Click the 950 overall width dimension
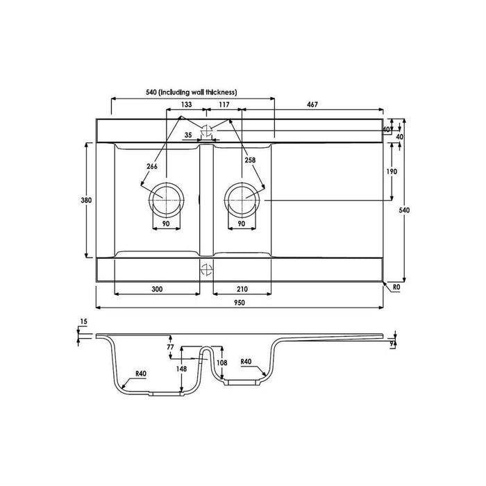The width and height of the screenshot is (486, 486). [x=240, y=303]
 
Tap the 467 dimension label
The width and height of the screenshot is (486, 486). [x=312, y=105]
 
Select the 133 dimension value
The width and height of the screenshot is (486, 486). [x=186, y=104]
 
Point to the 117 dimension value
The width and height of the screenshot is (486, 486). [x=224, y=104]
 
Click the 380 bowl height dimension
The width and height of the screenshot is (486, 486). [x=86, y=200]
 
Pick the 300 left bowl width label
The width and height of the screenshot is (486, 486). [x=157, y=290]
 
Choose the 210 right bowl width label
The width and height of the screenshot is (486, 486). [x=242, y=290]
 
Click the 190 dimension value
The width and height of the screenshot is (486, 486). [x=392, y=171]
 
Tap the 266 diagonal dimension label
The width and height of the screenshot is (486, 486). [x=152, y=167]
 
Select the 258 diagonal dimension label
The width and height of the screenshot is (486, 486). [x=250, y=160]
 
